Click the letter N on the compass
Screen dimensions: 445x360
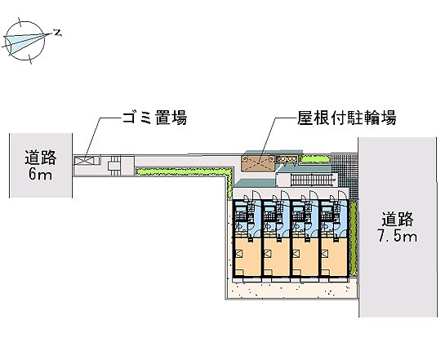[58, 33]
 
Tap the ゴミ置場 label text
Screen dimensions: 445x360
[154, 118]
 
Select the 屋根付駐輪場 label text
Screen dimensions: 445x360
[346, 118]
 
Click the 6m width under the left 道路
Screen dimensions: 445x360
[40, 175]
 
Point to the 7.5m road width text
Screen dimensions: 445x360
[398, 236]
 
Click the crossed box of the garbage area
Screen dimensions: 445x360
[84, 161]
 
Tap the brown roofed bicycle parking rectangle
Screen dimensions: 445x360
[258, 163]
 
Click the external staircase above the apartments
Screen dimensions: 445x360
[314, 180]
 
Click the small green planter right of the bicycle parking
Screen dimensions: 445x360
[316, 160]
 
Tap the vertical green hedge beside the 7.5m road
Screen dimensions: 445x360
[353, 238]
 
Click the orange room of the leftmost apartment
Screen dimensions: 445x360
[247, 256]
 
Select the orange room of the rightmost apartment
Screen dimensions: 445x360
[334, 256]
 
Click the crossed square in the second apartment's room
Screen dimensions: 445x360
[267, 253]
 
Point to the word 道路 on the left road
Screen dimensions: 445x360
[40, 158]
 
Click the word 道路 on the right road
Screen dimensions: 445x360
[398, 220]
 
